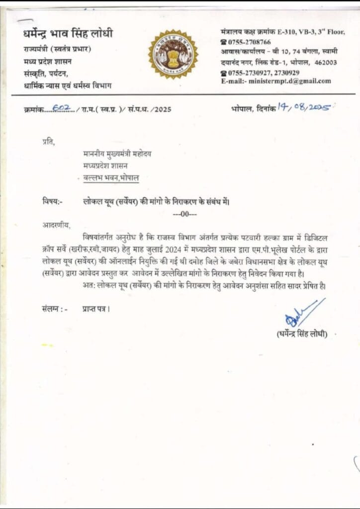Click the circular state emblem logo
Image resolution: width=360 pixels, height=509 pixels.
(173, 54)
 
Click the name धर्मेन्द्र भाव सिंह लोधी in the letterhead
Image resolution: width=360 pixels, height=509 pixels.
(68, 34)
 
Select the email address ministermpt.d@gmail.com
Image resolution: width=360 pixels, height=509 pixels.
(290, 81)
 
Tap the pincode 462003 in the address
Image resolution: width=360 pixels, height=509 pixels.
(325, 63)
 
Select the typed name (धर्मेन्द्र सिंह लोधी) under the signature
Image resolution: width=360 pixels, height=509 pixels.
(302, 334)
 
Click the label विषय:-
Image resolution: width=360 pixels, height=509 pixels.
(52, 201)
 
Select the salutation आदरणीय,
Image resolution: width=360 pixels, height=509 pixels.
(56, 225)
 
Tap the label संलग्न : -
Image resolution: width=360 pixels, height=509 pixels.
(55, 309)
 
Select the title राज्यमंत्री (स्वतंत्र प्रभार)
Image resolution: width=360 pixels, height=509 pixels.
(58, 49)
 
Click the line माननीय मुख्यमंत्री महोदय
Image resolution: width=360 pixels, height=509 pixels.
(117, 154)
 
